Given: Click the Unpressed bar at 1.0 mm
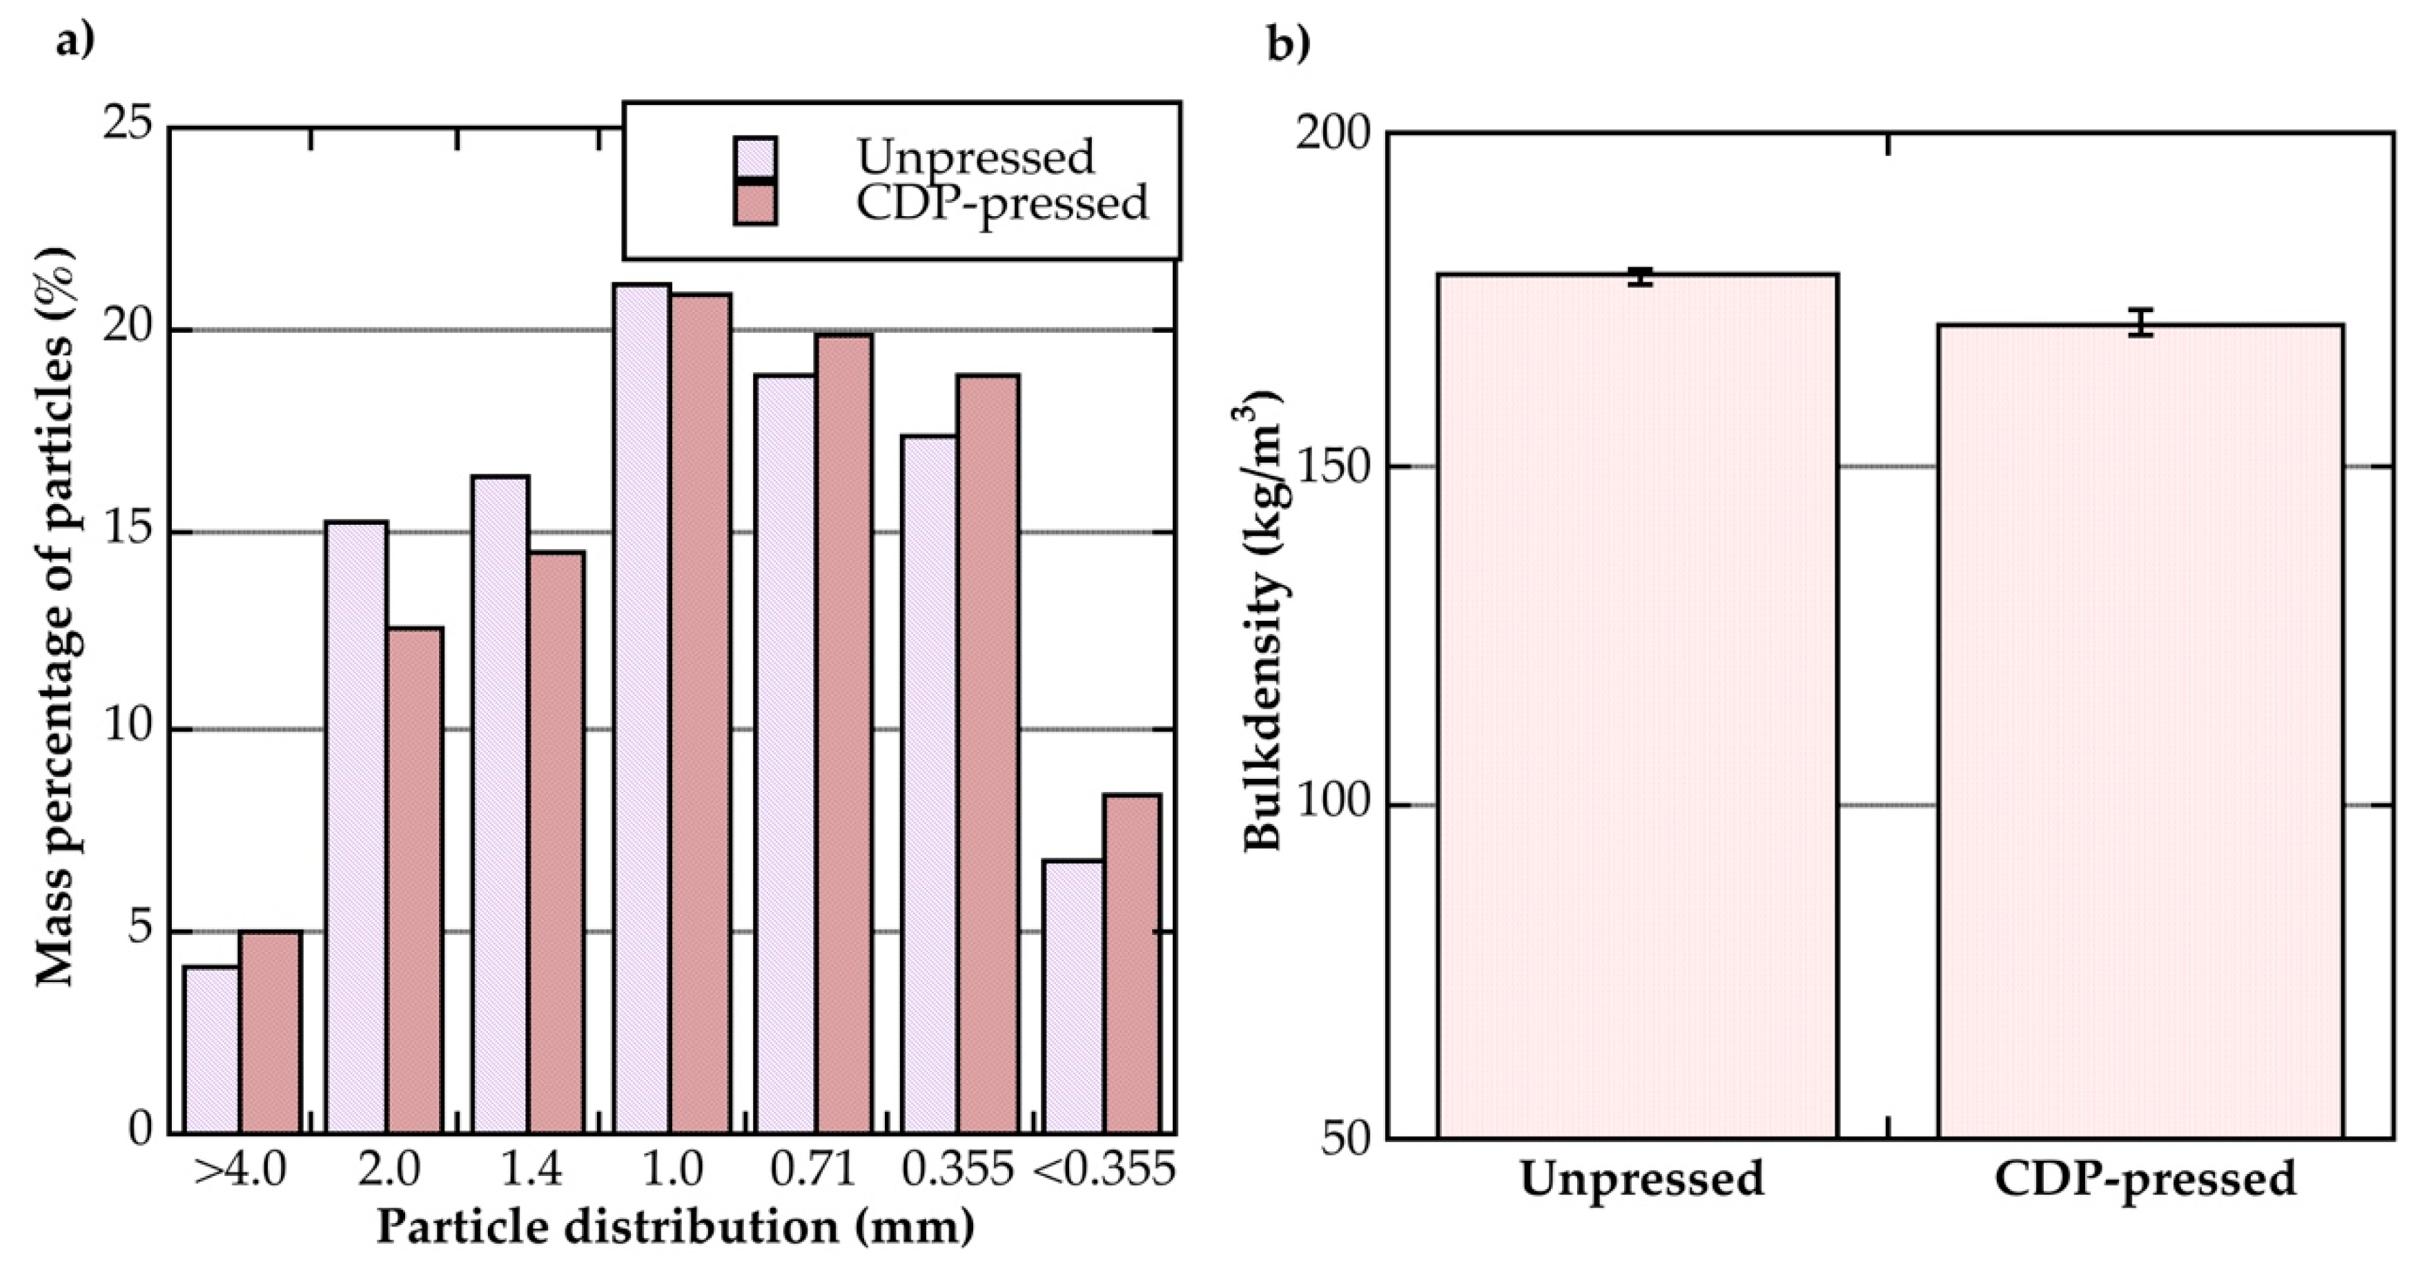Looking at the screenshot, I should click(642, 706).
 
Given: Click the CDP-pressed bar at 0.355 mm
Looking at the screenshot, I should click(988, 753).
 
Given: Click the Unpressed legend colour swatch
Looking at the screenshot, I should click(754, 158).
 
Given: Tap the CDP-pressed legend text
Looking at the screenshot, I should click(1001, 202).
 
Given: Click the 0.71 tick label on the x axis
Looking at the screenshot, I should click(813, 1170).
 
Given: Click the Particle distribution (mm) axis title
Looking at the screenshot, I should click(676, 1227).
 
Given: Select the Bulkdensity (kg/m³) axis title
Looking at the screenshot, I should click(1267, 621).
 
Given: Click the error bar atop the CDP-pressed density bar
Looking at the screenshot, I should click(2141, 322).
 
